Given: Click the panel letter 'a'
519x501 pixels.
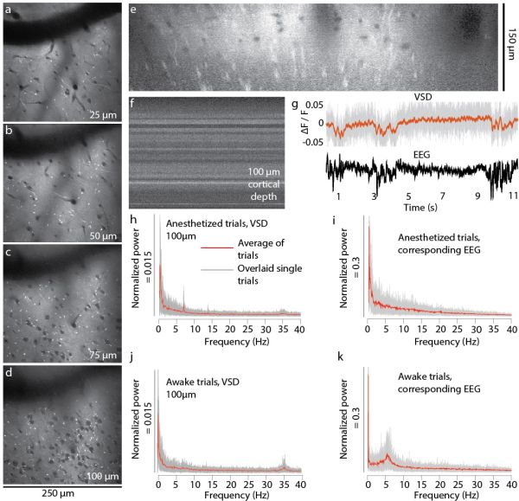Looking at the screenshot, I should pyautogui.click(x=10, y=10).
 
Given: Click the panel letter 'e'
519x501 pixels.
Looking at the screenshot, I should pyautogui.click(x=133, y=10).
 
